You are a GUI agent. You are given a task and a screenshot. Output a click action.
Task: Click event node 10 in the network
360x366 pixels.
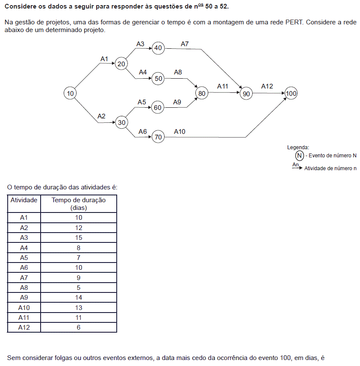[x=71, y=93]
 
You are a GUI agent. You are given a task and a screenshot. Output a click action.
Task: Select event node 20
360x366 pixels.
[x=121, y=64]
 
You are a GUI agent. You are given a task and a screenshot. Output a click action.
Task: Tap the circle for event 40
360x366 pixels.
[x=158, y=48]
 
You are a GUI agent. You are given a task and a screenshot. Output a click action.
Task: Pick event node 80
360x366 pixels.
[x=202, y=93]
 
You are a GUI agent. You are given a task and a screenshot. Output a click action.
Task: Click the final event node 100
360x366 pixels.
[x=291, y=94]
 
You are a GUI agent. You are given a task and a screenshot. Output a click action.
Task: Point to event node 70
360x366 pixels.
[x=158, y=137]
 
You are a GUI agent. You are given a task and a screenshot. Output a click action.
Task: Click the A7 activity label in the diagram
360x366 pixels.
[x=185, y=44]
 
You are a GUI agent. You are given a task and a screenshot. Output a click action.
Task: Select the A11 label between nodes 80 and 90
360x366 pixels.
[x=223, y=86]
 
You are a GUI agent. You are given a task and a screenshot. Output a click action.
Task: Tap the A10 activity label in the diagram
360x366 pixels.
[x=180, y=132]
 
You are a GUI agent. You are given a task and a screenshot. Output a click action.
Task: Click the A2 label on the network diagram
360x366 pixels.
[x=101, y=116]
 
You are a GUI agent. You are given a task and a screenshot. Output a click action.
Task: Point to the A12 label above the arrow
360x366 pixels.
[x=267, y=86]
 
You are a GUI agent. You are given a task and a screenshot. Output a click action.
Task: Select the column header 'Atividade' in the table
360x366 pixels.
[x=24, y=200]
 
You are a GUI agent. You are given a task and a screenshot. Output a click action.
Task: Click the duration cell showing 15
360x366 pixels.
[x=79, y=238]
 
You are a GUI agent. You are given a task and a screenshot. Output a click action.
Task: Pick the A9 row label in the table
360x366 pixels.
[x=24, y=298]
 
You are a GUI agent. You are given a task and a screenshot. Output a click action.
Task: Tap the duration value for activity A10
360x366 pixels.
[x=79, y=308]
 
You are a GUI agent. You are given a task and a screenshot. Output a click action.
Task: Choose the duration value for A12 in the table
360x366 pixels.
[x=79, y=328]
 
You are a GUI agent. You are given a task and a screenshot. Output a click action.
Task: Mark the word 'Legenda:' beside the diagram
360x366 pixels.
[x=298, y=147]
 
